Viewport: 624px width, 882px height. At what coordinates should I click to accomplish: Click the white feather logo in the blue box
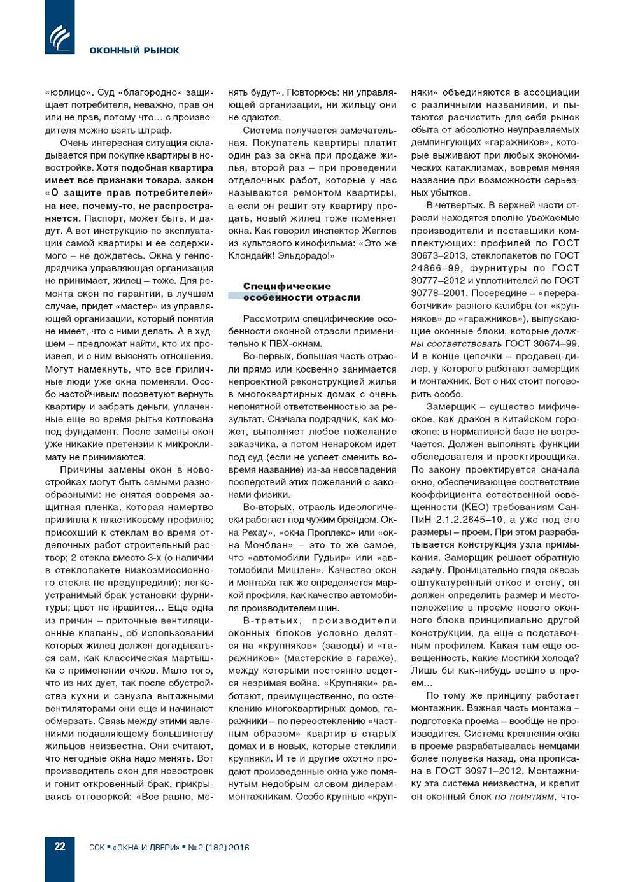point(60,38)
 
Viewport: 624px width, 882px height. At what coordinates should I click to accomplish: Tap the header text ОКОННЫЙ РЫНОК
point(134,50)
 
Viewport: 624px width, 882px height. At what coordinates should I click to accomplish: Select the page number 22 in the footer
point(60,846)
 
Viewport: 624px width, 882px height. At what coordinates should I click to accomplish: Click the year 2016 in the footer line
point(239,848)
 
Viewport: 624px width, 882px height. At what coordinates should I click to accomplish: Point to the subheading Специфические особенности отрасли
point(301,292)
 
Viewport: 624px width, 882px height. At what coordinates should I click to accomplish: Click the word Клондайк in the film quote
point(251,255)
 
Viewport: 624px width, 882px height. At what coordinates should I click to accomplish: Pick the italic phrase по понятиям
point(524,796)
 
